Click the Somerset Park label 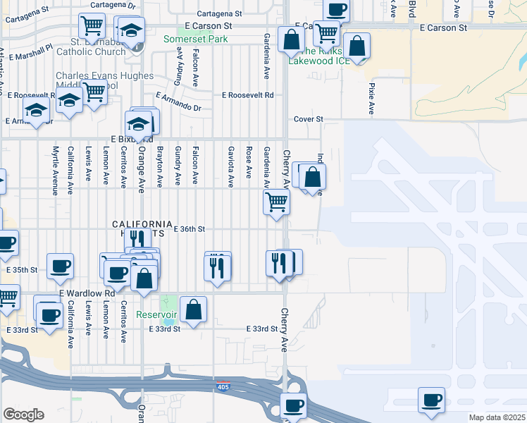tap(196, 39)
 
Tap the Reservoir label tap(157, 314)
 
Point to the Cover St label tap(308, 119)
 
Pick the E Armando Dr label tap(178, 101)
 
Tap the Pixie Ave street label tap(371, 98)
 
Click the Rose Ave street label tap(249, 163)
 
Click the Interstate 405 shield tap(223, 387)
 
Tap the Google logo tap(23, 415)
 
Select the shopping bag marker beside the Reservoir tap(193, 308)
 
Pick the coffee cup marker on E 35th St tap(60, 265)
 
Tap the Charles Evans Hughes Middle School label tap(106, 81)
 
